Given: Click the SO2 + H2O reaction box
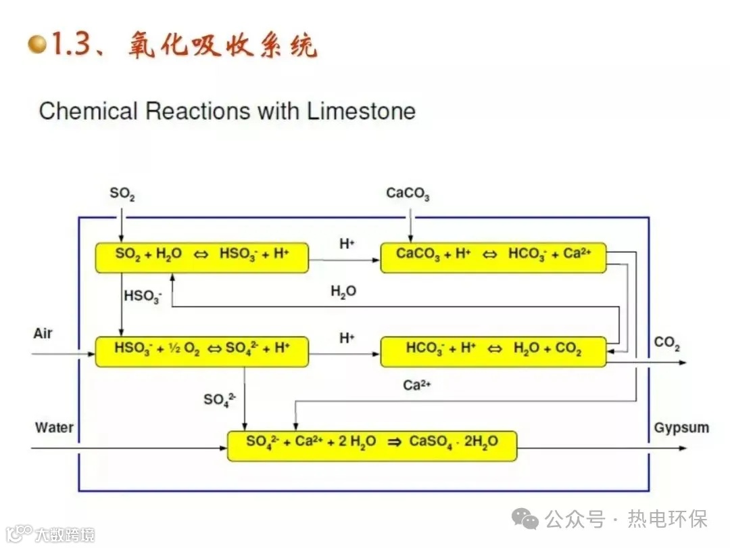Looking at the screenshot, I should [x=201, y=258].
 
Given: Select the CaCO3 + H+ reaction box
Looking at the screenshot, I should [x=493, y=258].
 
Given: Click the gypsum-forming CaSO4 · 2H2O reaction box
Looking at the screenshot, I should [x=372, y=446].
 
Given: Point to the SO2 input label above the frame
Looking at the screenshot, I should [x=122, y=195].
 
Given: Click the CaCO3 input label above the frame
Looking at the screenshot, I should [x=408, y=195].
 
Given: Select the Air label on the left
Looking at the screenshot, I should [x=43, y=334].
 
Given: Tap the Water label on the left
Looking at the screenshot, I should [x=54, y=428].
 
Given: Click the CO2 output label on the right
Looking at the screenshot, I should [x=666, y=344].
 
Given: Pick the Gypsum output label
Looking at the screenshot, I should [x=681, y=428].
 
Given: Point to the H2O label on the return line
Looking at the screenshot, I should [x=343, y=292].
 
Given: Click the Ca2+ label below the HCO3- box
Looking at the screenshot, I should [x=417, y=385].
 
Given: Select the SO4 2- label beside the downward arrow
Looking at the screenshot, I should [x=219, y=400].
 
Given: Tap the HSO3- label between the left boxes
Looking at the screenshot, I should [x=143, y=296].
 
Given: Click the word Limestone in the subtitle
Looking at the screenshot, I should [x=361, y=111].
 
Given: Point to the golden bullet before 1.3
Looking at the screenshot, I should [x=38, y=45].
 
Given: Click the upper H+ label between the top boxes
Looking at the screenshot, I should [x=347, y=244].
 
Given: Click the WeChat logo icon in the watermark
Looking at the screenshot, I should [x=525, y=519].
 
